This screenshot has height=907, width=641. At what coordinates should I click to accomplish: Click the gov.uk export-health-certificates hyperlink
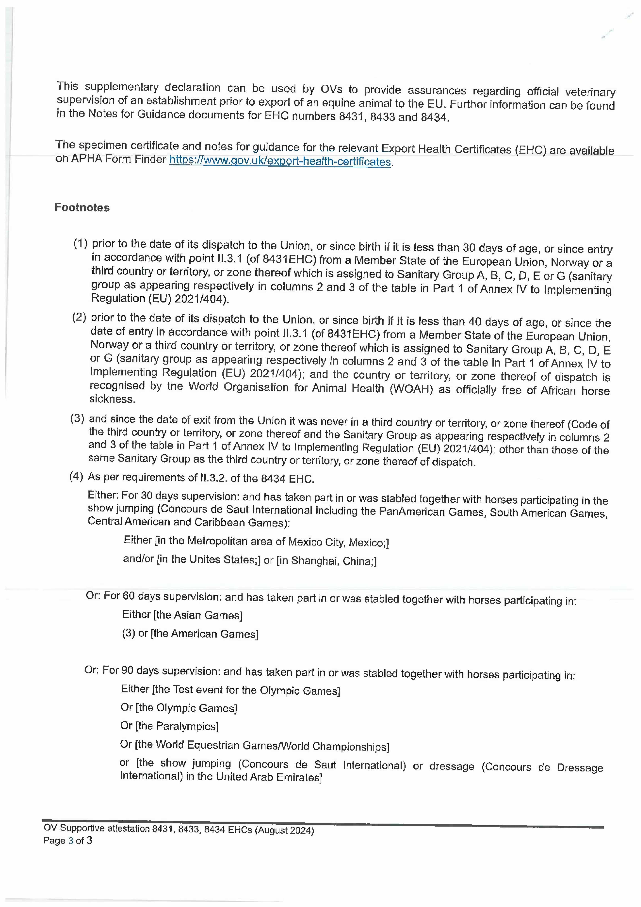pos(280,161)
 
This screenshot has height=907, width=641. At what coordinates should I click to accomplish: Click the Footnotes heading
pos(82,207)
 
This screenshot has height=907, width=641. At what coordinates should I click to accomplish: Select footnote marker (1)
pos(81,243)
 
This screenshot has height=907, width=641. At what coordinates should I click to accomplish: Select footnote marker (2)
pos(79,317)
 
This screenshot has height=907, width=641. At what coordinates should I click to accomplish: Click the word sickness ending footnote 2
pos(113,399)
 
